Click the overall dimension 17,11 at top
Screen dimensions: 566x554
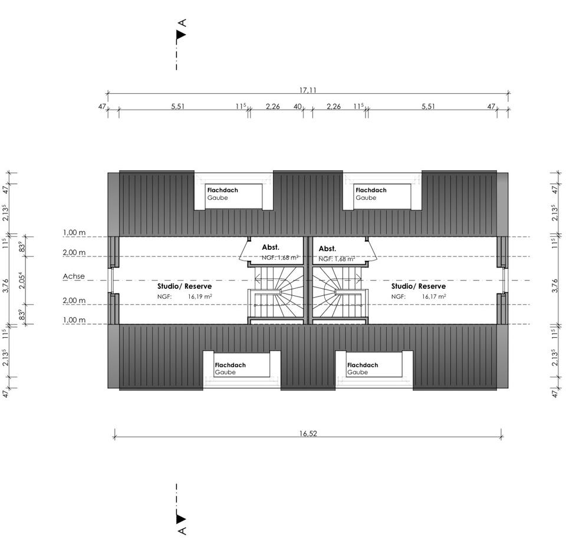[308, 90]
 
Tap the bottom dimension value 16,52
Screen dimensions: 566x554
[308, 433]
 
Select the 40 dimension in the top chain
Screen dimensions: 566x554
[298, 107]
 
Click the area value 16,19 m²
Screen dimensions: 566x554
[200, 296]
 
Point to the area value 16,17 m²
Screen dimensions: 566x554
[434, 296]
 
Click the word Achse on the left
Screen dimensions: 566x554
[74, 276]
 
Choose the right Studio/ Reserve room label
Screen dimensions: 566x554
[419, 286]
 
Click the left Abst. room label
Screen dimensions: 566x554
[271, 248]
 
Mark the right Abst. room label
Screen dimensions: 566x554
[327, 249]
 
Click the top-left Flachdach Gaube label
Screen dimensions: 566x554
[222, 194]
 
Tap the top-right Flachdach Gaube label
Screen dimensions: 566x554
[371, 194]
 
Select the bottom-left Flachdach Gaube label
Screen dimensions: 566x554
[230, 368]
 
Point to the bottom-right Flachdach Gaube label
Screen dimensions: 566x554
[362, 368]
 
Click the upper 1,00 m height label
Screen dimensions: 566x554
[74, 233]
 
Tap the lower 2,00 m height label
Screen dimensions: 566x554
[74, 301]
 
